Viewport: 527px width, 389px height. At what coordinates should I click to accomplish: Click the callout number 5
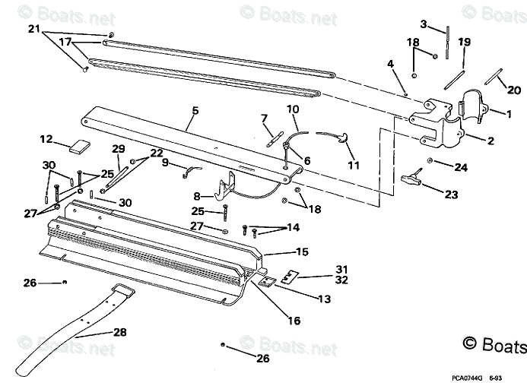click(195, 111)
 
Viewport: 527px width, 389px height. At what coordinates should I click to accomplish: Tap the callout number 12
click(46, 139)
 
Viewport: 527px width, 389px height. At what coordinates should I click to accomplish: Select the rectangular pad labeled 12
click(79, 147)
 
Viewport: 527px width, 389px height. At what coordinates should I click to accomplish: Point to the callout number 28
click(119, 331)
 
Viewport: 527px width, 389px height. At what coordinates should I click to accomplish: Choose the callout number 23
click(452, 194)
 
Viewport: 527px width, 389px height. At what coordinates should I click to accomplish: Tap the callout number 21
click(33, 30)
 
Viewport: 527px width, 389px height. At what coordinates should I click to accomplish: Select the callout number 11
click(353, 165)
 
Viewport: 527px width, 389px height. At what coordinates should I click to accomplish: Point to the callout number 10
click(292, 110)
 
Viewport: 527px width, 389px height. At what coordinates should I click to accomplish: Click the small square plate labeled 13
click(267, 281)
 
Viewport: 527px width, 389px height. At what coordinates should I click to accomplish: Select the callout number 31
click(341, 269)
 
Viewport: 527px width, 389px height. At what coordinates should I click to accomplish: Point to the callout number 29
click(118, 148)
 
